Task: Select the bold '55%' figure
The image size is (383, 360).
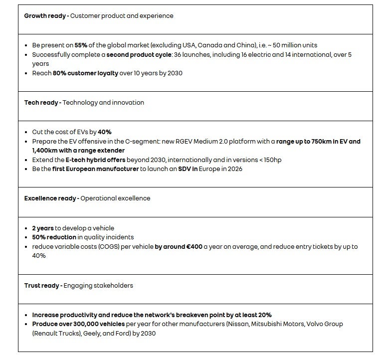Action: [x=81, y=45]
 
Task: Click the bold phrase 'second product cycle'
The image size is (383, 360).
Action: [x=138, y=55]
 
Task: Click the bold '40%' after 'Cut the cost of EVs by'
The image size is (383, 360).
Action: [x=105, y=132]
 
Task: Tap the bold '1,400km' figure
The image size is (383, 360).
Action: [x=44, y=151]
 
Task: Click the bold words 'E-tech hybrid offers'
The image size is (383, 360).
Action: [x=95, y=160]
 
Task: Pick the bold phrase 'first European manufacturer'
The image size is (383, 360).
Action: [x=96, y=169]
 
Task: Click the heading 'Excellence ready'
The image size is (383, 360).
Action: [x=50, y=198]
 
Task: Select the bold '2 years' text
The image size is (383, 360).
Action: [x=42, y=228]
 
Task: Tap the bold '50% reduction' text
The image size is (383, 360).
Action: [x=54, y=237]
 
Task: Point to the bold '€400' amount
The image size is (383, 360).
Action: [x=194, y=247]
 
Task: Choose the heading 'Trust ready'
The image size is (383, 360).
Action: [x=42, y=286]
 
